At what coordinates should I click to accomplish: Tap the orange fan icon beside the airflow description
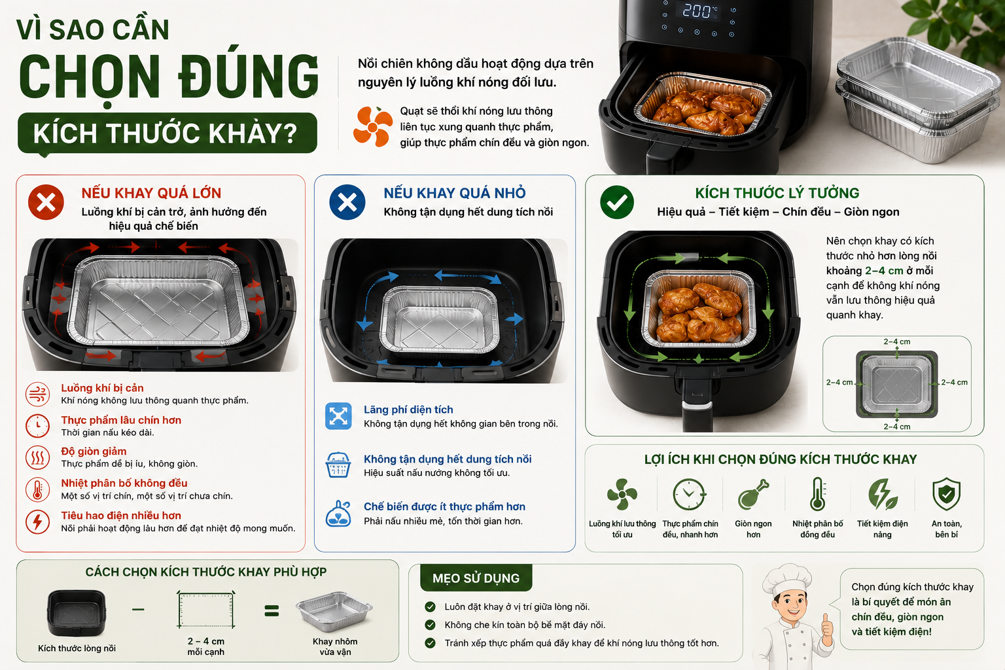[373, 126]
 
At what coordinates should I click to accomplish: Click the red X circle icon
[46, 202]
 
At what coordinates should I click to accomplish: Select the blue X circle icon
[347, 202]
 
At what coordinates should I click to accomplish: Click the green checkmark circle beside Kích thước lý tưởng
[617, 202]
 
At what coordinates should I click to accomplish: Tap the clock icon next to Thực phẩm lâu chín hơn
[37, 425]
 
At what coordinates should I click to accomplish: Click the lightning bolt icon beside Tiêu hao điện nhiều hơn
[37, 521]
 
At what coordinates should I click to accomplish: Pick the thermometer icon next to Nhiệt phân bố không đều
[37, 489]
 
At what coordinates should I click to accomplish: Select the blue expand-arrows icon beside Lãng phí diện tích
[338, 416]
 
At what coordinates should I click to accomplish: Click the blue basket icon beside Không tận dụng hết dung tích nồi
[338, 465]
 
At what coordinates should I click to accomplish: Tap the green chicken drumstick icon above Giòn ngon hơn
[753, 495]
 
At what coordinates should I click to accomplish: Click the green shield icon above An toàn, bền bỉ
[946, 494]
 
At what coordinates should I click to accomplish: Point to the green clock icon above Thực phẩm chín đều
[689, 495]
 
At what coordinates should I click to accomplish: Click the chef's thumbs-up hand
[827, 626]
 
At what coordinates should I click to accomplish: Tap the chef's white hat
[787, 579]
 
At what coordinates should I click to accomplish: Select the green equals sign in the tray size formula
[272, 610]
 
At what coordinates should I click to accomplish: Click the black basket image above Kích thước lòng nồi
[77, 613]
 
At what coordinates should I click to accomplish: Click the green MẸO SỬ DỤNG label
[476, 578]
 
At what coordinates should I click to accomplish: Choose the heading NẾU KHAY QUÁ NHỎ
[455, 193]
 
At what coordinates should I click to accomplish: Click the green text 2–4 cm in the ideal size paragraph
[885, 271]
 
